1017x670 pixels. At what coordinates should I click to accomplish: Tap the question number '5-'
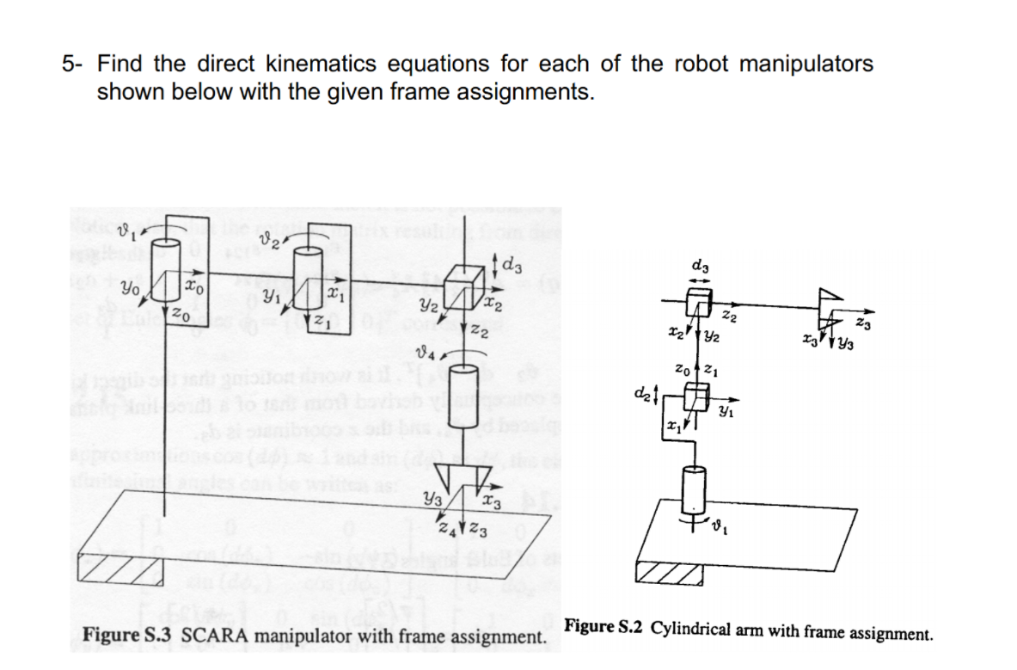(x=74, y=65)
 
